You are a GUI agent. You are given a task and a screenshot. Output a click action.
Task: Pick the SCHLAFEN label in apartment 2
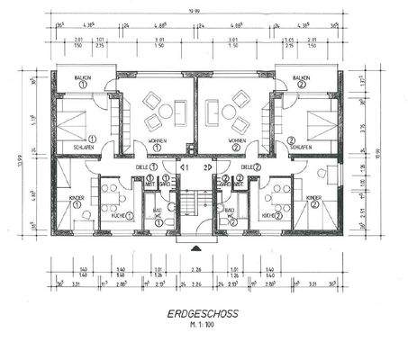[302, 144]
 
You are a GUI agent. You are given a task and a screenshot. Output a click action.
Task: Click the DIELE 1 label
[144, 166]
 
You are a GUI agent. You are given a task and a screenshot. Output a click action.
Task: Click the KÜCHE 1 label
[120, 217]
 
